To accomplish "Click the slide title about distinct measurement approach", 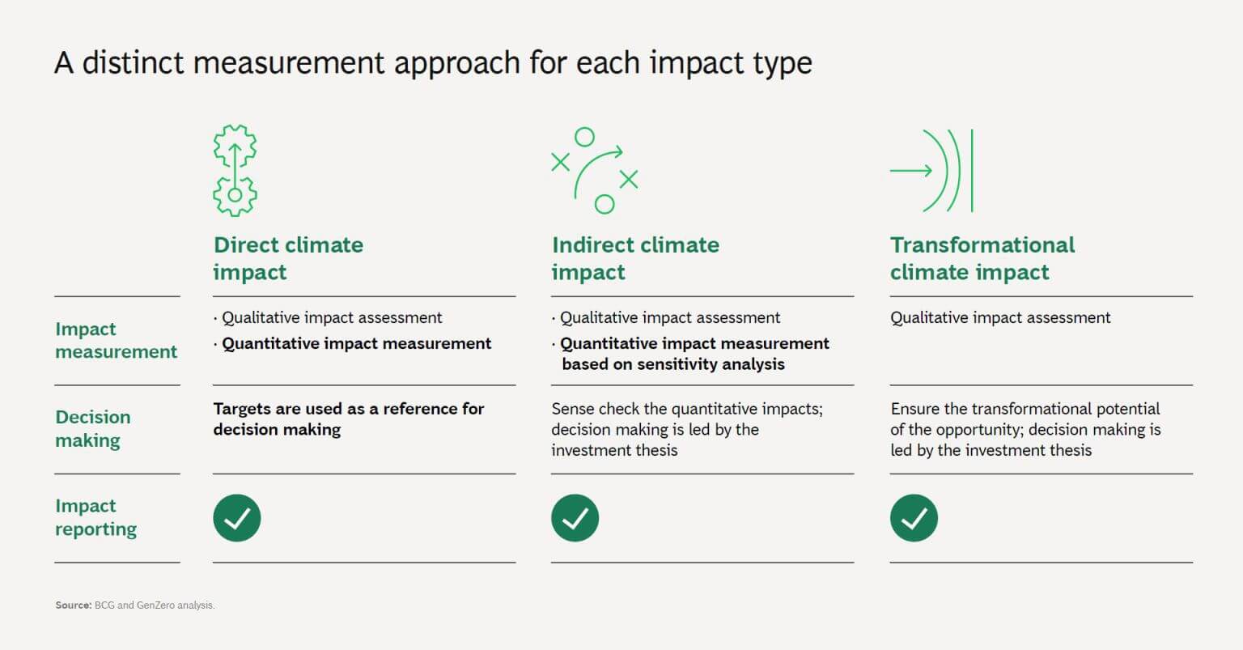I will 433,63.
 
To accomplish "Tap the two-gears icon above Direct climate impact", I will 235,170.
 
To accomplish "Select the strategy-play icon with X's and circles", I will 595,170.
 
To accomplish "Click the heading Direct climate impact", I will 288,258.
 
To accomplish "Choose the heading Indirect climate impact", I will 634,258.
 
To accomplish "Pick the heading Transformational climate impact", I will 982,258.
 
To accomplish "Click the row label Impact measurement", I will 116,340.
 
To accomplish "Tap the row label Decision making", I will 92,428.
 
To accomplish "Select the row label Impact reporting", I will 95,517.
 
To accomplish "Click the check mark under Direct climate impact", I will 237,518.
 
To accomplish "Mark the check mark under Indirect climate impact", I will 575,518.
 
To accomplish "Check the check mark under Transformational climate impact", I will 914,518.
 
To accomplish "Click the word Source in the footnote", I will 73,605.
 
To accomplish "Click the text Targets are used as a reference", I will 348,409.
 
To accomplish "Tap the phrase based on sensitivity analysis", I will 673,364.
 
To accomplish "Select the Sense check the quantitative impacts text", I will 686,409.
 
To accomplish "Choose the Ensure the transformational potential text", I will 1025,409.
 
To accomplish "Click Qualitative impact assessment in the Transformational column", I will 1000,318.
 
